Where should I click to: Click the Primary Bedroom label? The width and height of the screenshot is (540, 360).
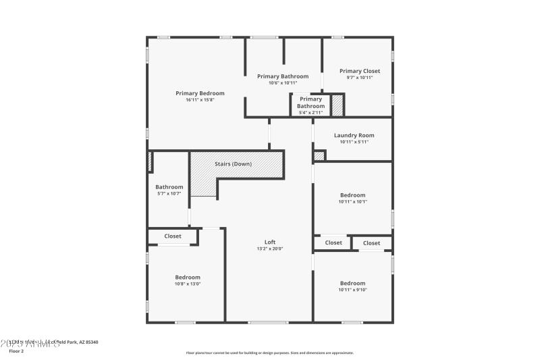[200, 93]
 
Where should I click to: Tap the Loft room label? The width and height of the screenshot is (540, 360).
[269, 242]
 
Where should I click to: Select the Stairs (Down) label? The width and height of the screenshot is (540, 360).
[234, 164]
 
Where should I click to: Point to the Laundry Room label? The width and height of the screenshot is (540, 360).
[354, 135]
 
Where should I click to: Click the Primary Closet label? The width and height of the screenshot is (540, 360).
[359, 71]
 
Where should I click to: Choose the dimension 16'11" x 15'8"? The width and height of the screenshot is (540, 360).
[200, 100]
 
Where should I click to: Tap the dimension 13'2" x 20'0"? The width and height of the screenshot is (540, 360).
[269, 249]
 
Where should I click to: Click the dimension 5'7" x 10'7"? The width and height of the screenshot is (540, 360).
[169, 193]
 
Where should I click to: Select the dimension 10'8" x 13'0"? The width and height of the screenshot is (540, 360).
[188, 284]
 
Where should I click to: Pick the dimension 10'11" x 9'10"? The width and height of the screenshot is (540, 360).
[352, 290]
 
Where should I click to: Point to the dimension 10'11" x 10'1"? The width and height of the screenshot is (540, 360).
[352, 201]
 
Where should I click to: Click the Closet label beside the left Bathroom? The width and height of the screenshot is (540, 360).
[173, 236]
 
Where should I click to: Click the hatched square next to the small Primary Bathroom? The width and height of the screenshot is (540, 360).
[337, 105]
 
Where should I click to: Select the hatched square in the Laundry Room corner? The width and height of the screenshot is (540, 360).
[319, 155]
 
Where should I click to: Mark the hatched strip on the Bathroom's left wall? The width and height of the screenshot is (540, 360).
[149, 162]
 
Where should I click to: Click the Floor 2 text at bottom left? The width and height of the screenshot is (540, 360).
[16, 351]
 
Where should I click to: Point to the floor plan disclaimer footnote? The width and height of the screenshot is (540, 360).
[269, 353]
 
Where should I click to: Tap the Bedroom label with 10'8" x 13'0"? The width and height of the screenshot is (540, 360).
[188, 277]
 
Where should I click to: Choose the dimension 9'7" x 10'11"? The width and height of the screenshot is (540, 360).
[359, 78]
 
